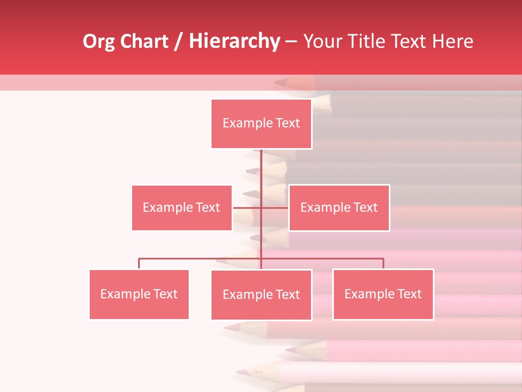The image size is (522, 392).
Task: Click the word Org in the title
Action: [x=99, y=41]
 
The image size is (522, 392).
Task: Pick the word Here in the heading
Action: [x=452, y=41]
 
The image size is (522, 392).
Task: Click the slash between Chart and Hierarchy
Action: [x=179, y=42]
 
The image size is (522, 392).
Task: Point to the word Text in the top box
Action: [x=288, y=123]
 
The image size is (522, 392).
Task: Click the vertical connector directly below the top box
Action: [x=261, y=169]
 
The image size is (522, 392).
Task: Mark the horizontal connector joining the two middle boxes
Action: [x=247, y=207]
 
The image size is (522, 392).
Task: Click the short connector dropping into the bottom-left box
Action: [x=139, y=264]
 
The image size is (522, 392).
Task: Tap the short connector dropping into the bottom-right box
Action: [x=383, y=264]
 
